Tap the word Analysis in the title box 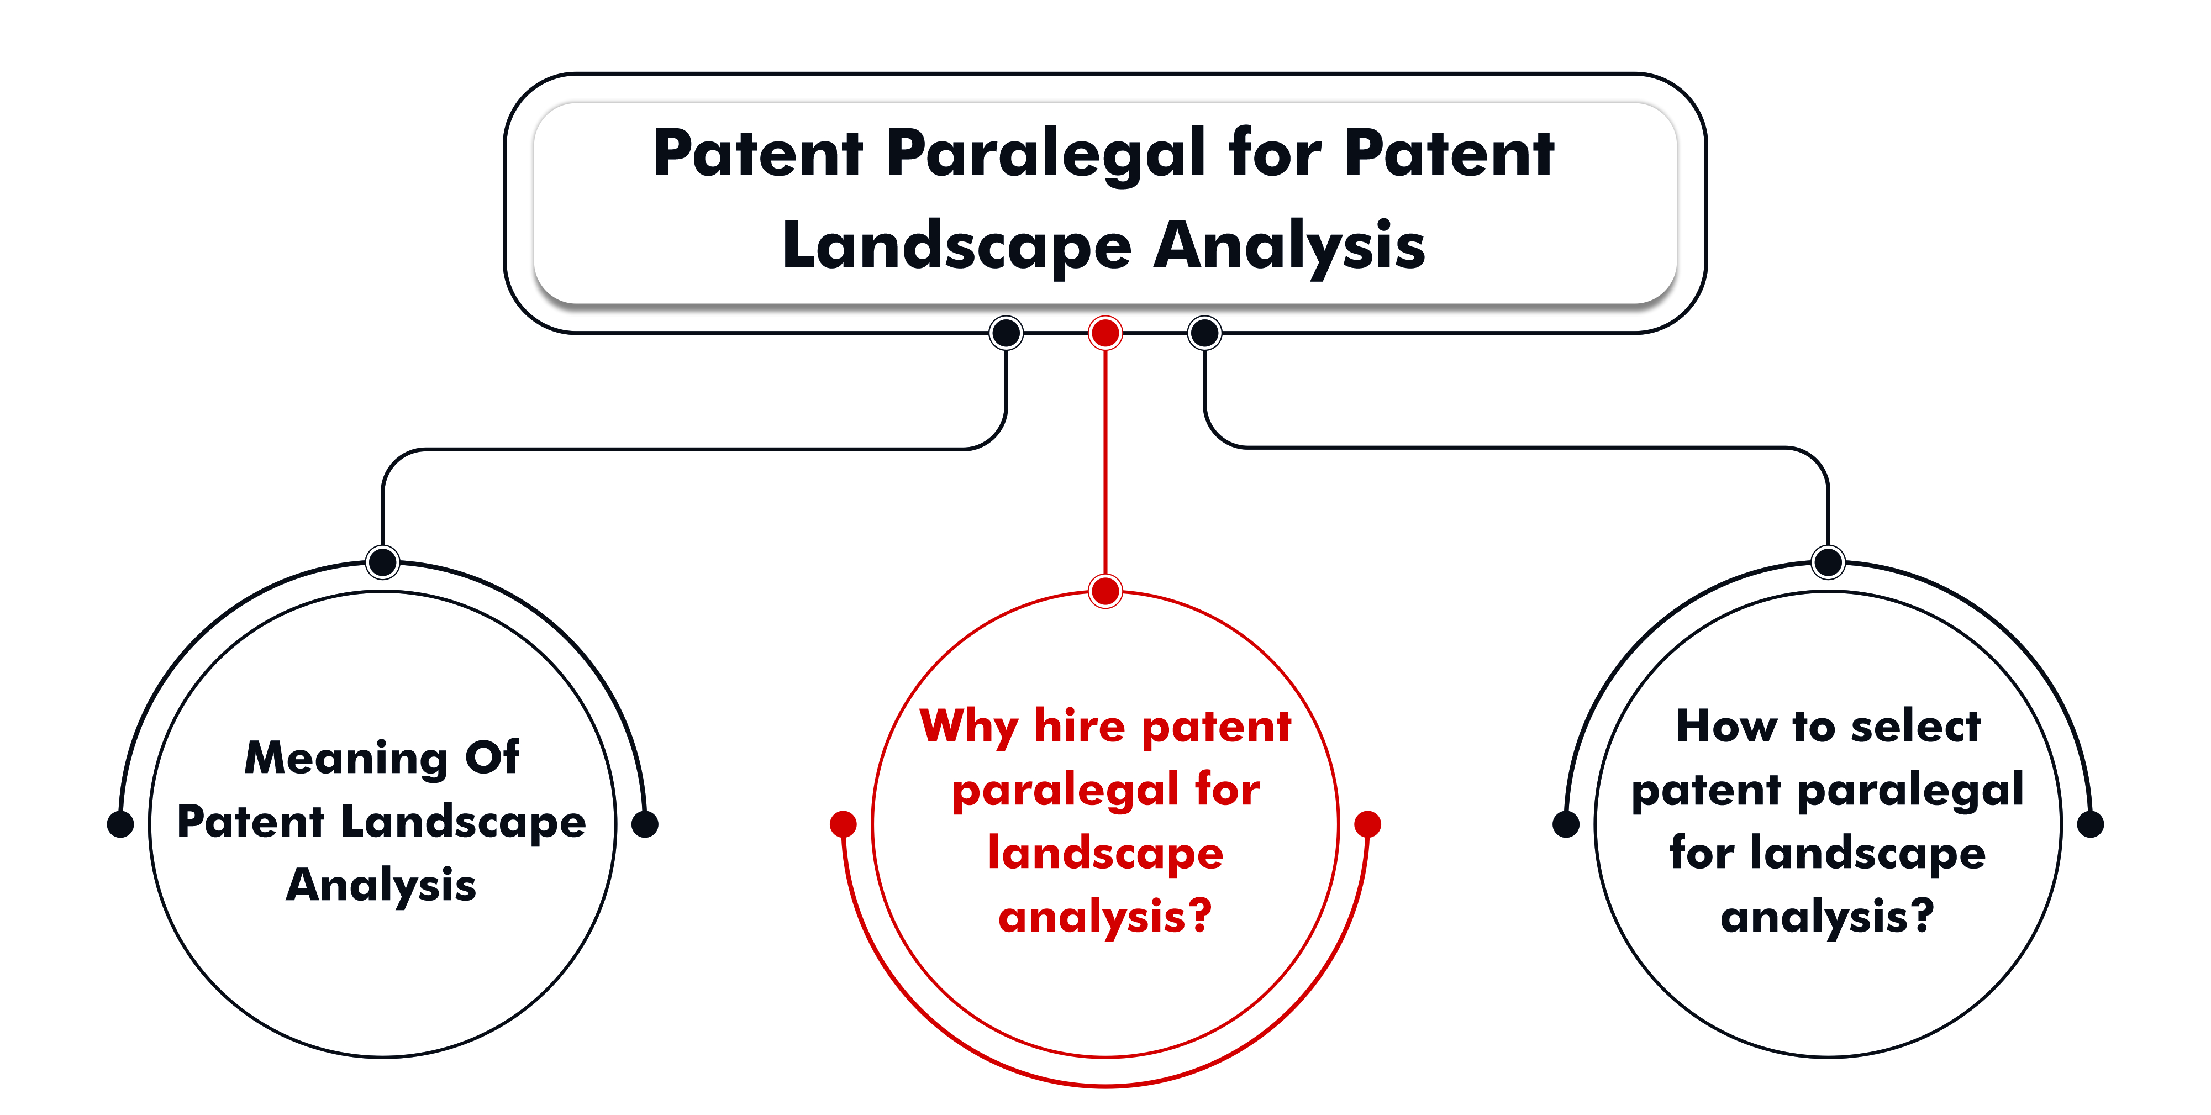[1289, 247]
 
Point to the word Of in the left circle [492, 756]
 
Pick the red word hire [1080, 725]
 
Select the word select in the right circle [1916, 726]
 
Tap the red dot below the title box [1105, 333]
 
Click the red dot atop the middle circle [1105, 591]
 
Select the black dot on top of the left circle [383, 562]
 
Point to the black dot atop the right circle [1828, 562]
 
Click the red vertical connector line [1105, 462]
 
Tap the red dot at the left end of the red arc [844, 824]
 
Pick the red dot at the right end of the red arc [1367, 824]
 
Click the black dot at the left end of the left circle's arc [120, 824]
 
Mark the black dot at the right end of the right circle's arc [2090, 824]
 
